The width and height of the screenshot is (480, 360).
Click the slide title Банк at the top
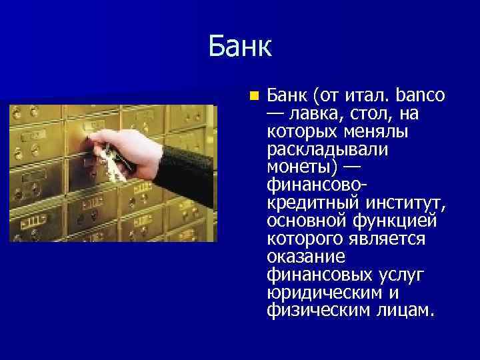(239, 47)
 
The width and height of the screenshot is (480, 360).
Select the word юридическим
(323, 292)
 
